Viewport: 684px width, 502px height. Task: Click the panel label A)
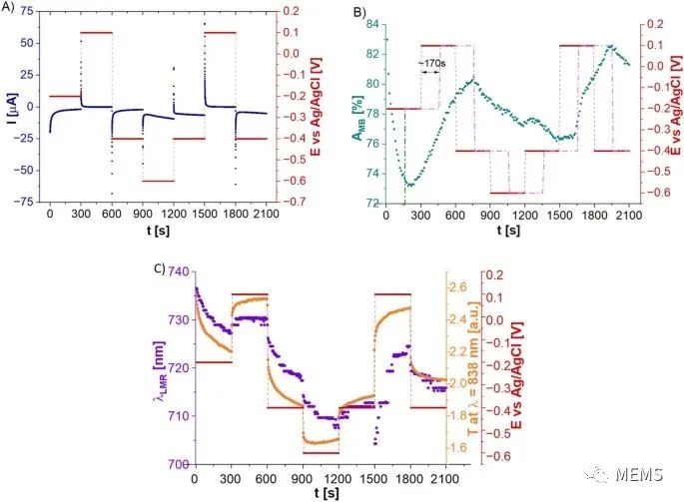point(10,9)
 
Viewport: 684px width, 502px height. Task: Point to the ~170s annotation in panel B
point(431,63)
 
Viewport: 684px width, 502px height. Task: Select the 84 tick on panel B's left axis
point(371,23)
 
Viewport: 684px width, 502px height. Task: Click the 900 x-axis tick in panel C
point(303,478)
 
